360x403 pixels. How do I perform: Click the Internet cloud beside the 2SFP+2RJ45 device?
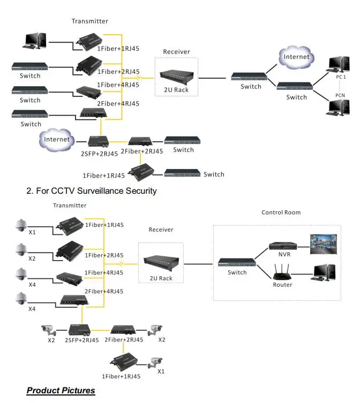pyautogui.click(x=57, y=140)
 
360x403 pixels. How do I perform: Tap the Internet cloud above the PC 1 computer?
pyautogui.click(x=296, y=57)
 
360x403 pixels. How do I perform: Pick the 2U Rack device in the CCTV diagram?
pyautogui.click(x=161, y=262)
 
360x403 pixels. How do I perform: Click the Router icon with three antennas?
pyautogui.click(x=282, y=272)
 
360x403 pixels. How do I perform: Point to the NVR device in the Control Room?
pyautogui.click(x=283, y=246)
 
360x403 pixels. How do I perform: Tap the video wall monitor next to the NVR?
pyautogui.click(x=324, y=244)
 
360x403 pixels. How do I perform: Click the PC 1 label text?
pyautogui.click(x=341, y=77)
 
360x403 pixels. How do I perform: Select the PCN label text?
pyautogui.click(x=340, y=95)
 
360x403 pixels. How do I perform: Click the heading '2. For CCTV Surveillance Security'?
pyautogui.click(x=92, y=191)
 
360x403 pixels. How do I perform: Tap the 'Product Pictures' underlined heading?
pyautogui.click(x=61, y=390)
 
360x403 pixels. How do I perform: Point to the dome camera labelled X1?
pyautogui.click(x=21, y=225)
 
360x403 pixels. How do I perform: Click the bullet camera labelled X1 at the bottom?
pyautogui.click(x=155, y=363)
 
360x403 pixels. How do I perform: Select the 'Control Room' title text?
pyautogui.click(x=281, y=212)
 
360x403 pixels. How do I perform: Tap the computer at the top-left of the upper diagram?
pyautogui.click(x=34, y=41)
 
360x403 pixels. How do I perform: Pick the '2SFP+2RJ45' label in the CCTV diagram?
pyautogui.click(x=82, y=340)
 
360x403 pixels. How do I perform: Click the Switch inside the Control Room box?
pyautogui.click(x=237, y=262)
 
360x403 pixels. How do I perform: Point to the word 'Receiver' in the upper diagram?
pyautogui.click(x=177, y=52)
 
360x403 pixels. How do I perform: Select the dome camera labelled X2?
pyautogui.click(x=21, y=250)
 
